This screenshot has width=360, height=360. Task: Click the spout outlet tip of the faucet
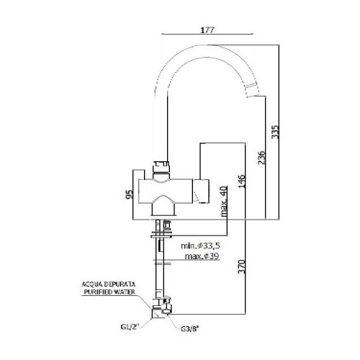point(252,89)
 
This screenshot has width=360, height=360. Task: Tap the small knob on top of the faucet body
point(163,164)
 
